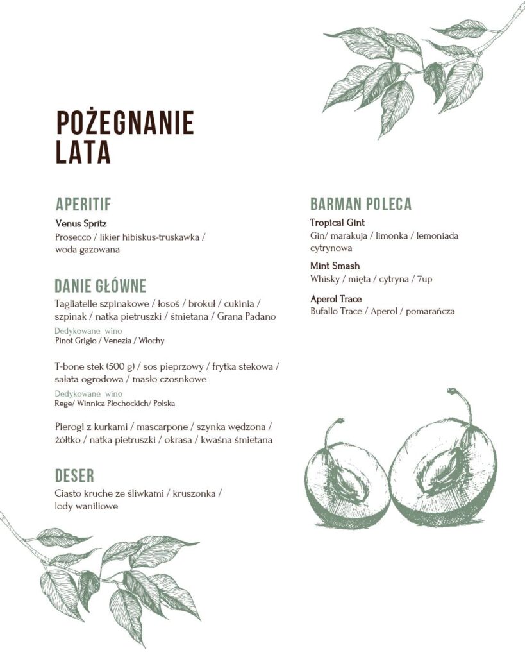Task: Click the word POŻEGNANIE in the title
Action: [x=124, y=123]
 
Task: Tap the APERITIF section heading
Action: [x=83, y=205]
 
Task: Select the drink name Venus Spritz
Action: [x=81, y=224]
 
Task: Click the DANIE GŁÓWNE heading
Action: [x=101, y=286]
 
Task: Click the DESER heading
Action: [x=74, y=475]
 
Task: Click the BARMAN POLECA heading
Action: [x=361, y=205]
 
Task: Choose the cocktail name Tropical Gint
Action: [x=337, y=223]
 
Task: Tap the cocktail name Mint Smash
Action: [x=335, y=266]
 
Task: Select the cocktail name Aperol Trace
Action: [x=336, y=299]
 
